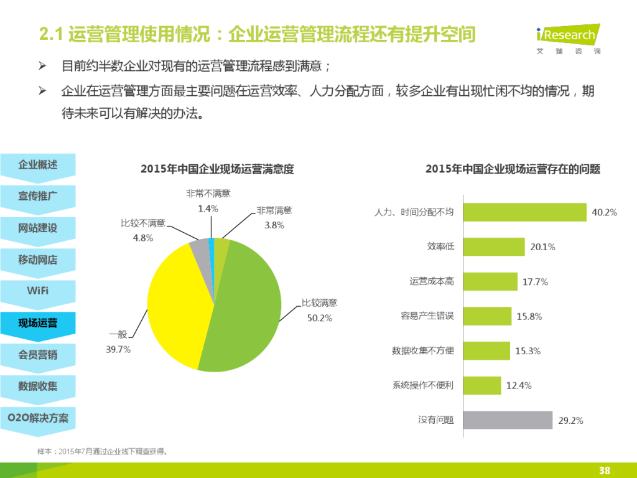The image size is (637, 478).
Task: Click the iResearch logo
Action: [568, 38]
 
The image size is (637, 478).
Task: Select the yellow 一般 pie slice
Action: [177, 299]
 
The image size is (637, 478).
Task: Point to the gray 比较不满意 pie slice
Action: [200, 248]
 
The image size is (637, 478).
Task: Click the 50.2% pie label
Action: [320, 318]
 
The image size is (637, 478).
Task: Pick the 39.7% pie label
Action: [118, 349]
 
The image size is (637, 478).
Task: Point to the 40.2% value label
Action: [604, 213]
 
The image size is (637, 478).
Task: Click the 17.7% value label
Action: [535, 282]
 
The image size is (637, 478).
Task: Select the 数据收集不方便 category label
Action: [423, 351]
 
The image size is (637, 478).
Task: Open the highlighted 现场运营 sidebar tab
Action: [37, 323]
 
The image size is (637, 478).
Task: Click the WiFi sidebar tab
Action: [37, 291]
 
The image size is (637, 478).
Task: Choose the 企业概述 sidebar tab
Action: [37, 165]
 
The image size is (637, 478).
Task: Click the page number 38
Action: [604, 470]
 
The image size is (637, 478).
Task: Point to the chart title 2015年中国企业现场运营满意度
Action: [217, 169]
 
